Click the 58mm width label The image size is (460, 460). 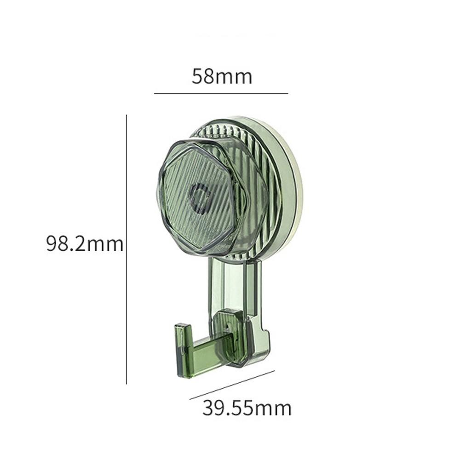(x=222, y=76)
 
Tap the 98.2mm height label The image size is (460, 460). (x=85, y=243)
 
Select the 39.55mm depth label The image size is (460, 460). (x=247, y=408)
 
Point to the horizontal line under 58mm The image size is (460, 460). (x=221, y=93)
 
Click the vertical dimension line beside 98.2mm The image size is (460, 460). (x=126, y=248)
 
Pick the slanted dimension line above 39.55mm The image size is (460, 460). (x=232, y=385)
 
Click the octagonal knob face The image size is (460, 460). (x=184, y=216)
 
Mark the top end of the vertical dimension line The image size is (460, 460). (x=126, y=115)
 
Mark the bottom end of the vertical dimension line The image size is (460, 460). (x=126, y=384)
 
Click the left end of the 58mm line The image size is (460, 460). (x=155, y=93)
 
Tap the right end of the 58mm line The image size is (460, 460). (x=287, y=93)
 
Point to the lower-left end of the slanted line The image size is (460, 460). (x=190, y=399)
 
